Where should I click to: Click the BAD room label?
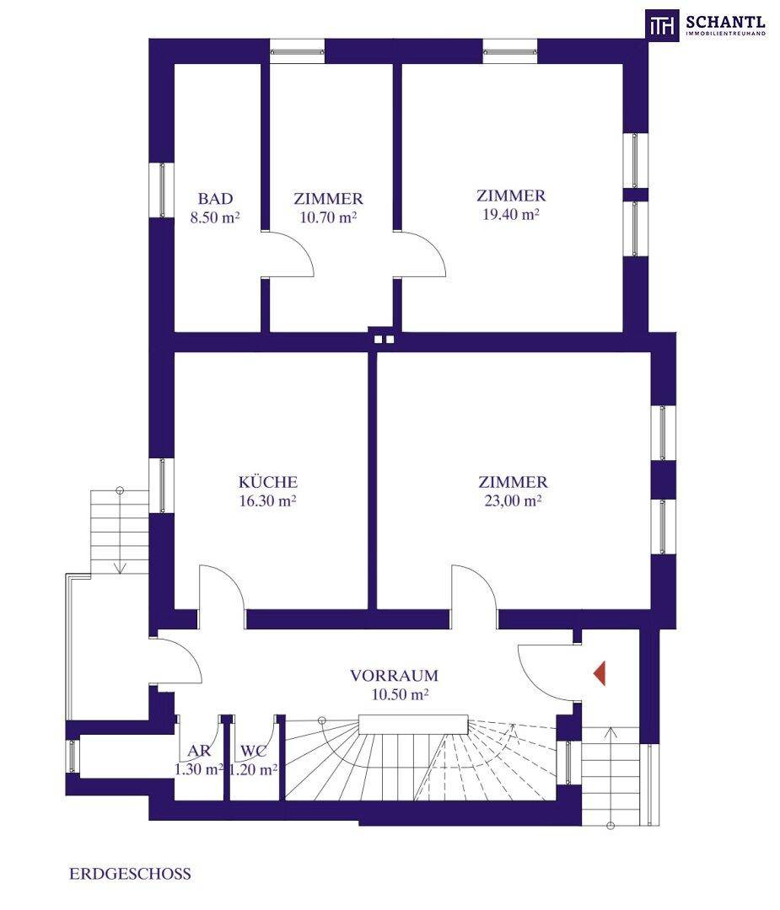click(216, 199)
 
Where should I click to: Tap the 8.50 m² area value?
click(216, 217)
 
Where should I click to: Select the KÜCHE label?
click(268, 482)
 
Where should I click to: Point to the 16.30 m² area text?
click(268, 500)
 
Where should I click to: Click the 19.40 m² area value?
click(511, 214)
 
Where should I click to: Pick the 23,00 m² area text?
click(513, 500)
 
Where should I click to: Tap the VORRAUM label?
click(395, 676)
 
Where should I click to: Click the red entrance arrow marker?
click(600, 673)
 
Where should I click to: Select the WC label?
click(253, 751)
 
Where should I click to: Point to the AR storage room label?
click(199, 751)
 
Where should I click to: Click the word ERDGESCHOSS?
click(130, 874)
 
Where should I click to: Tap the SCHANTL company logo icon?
click(663, 24)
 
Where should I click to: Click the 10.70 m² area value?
click(328, 217)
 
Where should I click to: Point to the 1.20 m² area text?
click(253, 769)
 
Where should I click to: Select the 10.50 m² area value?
click(401, 694)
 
